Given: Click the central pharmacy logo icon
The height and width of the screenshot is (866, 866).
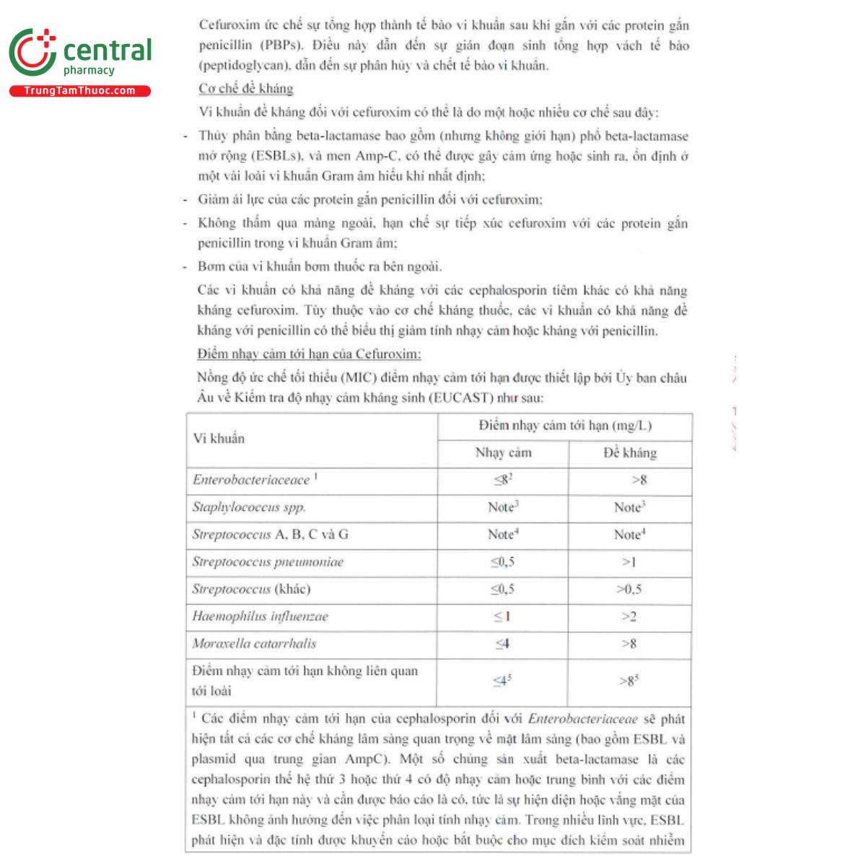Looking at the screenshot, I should point(32,53).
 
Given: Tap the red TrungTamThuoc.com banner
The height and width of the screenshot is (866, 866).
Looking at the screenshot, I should point(79,91).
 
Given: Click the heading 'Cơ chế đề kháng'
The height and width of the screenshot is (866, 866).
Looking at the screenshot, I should point(246,89).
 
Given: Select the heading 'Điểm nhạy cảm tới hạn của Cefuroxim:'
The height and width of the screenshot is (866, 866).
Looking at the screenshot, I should point(309,354).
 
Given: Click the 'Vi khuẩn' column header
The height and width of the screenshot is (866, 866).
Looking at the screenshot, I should point(219,439).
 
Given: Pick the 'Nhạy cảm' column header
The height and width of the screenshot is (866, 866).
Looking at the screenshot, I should point(503,453).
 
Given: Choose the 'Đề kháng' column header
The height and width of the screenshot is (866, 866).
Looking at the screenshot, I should point(630,453).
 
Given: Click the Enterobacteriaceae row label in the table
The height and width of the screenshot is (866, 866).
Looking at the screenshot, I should point(251,480).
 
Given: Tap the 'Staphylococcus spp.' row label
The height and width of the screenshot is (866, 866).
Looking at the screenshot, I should point(249,507).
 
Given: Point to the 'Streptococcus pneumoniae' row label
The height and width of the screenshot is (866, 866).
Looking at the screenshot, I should point(268,562).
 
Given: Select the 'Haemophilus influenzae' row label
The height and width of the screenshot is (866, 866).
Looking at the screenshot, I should point(260,616).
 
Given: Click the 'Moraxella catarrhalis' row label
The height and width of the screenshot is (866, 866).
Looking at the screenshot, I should point(254,644).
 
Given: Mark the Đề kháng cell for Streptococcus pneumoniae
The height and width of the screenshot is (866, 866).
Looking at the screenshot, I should point(629,562).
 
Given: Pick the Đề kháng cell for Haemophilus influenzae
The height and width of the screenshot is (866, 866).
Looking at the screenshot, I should point(629,616).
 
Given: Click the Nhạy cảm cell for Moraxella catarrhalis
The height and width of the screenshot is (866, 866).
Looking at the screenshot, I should point(502,644).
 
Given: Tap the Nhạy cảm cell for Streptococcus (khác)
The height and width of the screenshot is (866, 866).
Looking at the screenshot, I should point(502,590).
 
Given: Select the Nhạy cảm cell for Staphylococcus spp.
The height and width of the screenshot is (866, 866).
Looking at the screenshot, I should point(503,507).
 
